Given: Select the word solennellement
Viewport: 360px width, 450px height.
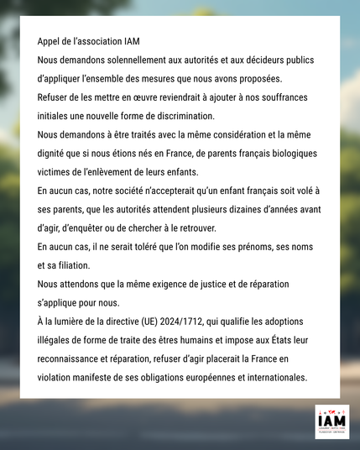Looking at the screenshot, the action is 128,60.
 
